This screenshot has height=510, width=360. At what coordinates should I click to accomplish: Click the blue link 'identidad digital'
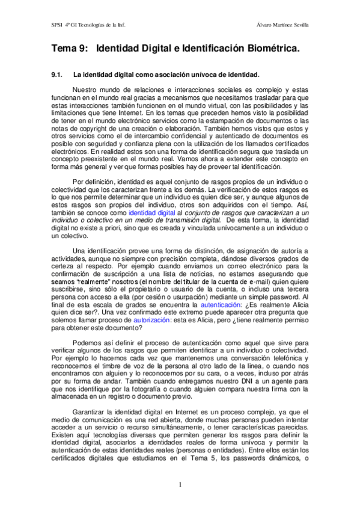[151, 213]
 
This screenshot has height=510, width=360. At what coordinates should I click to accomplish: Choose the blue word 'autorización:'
[152, 321]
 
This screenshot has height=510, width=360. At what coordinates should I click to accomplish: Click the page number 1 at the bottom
[179, 485]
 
